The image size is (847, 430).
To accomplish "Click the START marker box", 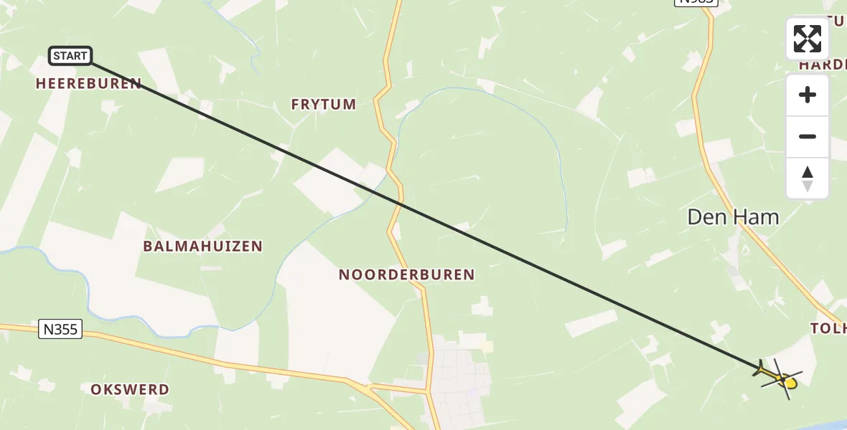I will [70, 56].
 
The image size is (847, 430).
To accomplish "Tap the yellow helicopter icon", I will [779, 377].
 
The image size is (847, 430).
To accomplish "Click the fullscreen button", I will [808, 39].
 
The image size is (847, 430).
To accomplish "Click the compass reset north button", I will [808, 178].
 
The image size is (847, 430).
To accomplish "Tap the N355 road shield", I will [60, 330].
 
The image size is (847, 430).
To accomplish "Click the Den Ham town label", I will [733, 217].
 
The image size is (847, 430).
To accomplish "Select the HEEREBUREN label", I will [88, 84].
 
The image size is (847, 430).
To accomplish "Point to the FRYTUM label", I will [324, 105].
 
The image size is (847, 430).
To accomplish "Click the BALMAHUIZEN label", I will [202, 247].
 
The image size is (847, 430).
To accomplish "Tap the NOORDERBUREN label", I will [406, 274].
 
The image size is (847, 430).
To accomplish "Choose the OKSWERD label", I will [130, 390].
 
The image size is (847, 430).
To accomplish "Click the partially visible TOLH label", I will [829, 328].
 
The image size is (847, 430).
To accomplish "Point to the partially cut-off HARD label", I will [824, 64].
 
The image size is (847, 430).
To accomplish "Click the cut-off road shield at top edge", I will [695, 3].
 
